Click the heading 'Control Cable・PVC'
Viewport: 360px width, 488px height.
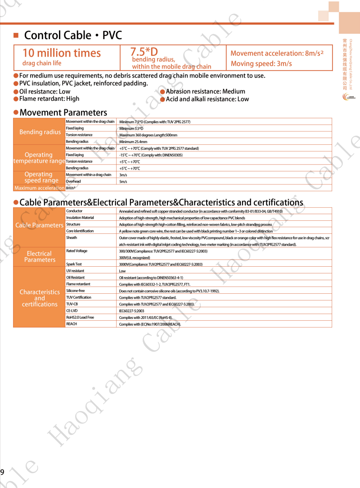(73, 36)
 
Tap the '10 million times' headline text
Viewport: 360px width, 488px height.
(62, 53)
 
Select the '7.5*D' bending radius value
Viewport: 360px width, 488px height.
(144, 51)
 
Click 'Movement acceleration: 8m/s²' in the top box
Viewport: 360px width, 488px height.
(277, 53)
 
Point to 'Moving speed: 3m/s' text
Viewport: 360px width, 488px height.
(261, 64)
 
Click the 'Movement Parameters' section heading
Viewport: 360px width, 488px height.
(63, 112)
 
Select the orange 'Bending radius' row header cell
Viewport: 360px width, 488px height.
(40, 132)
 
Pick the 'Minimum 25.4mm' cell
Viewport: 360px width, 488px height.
(133, 142)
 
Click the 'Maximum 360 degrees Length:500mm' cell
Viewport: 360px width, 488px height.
(148, 135)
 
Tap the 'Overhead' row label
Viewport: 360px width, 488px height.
(73, 181)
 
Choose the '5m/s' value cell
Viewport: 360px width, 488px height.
(123, 182)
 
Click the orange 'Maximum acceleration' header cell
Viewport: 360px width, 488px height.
(40, 188)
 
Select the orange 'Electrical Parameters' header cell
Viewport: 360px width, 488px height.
(39, 257)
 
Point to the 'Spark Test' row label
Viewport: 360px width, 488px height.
(74, 264)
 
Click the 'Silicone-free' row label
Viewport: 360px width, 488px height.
(75, 291)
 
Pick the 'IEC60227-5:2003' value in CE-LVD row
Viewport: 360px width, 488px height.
(131, 311)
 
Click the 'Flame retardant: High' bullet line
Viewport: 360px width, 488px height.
(49, 99)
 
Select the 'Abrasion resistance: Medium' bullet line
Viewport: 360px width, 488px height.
(205, 92)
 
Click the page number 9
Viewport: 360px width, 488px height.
(2, 472)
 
